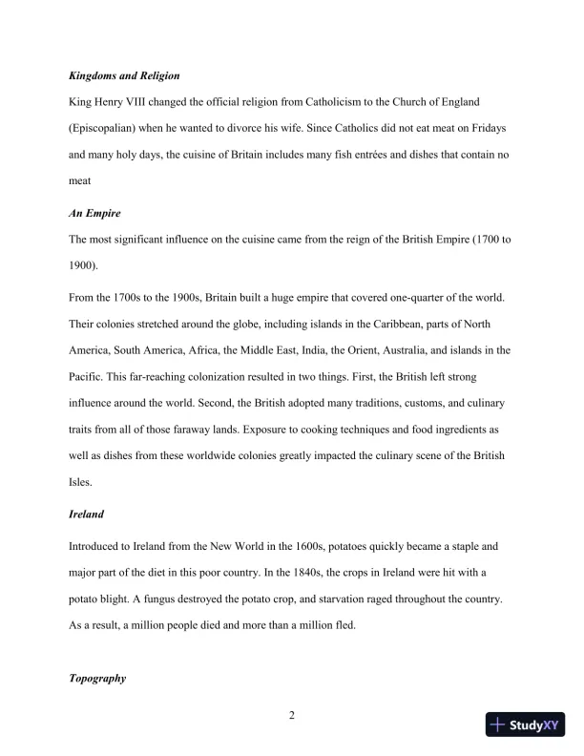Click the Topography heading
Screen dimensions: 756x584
[98, 679]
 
